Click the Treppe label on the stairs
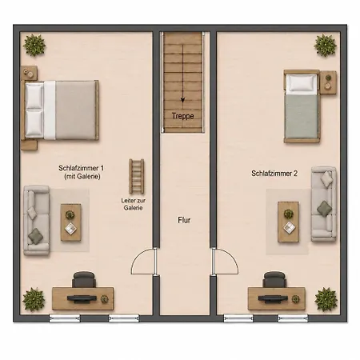tap(182, 116)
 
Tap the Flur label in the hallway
tap(184, 220)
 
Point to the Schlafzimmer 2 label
tap(274, 174)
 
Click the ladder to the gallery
tap(137, 176)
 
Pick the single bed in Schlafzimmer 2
tap(302, 106)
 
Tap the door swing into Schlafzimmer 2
tap(231, 257)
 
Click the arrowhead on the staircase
tap(182, 100)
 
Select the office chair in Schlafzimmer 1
tap(84, 279)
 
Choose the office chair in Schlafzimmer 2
tap(274, 279)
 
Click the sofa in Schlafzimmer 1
tap(37, 221)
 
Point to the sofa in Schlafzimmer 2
tap(324, 204)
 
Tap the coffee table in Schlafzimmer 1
tap(70, 222)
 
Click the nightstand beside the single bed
tap(328, 82)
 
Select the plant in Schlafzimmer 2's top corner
tap(326, 45)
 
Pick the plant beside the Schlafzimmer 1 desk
tap(34, 299)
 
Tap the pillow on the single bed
tap(302, 82)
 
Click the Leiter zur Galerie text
tap(134, 204)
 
